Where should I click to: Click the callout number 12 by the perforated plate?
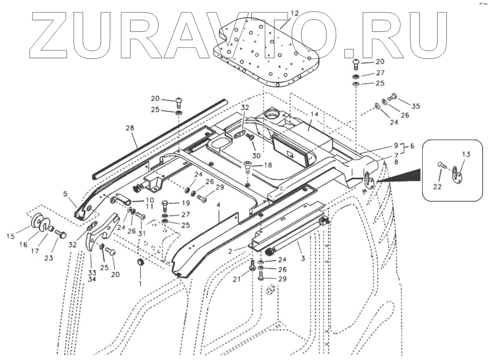pyautogui.click(x=295, y=13)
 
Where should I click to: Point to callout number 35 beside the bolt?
pyautogui.click(x=416, y=106)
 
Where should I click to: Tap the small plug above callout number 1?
pyautogui.click(x=140, y=262)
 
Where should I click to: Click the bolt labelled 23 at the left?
pyautogui.click(x=60, y=233)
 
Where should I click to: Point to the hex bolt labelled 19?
pyautogui.click(x=165, y=205)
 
